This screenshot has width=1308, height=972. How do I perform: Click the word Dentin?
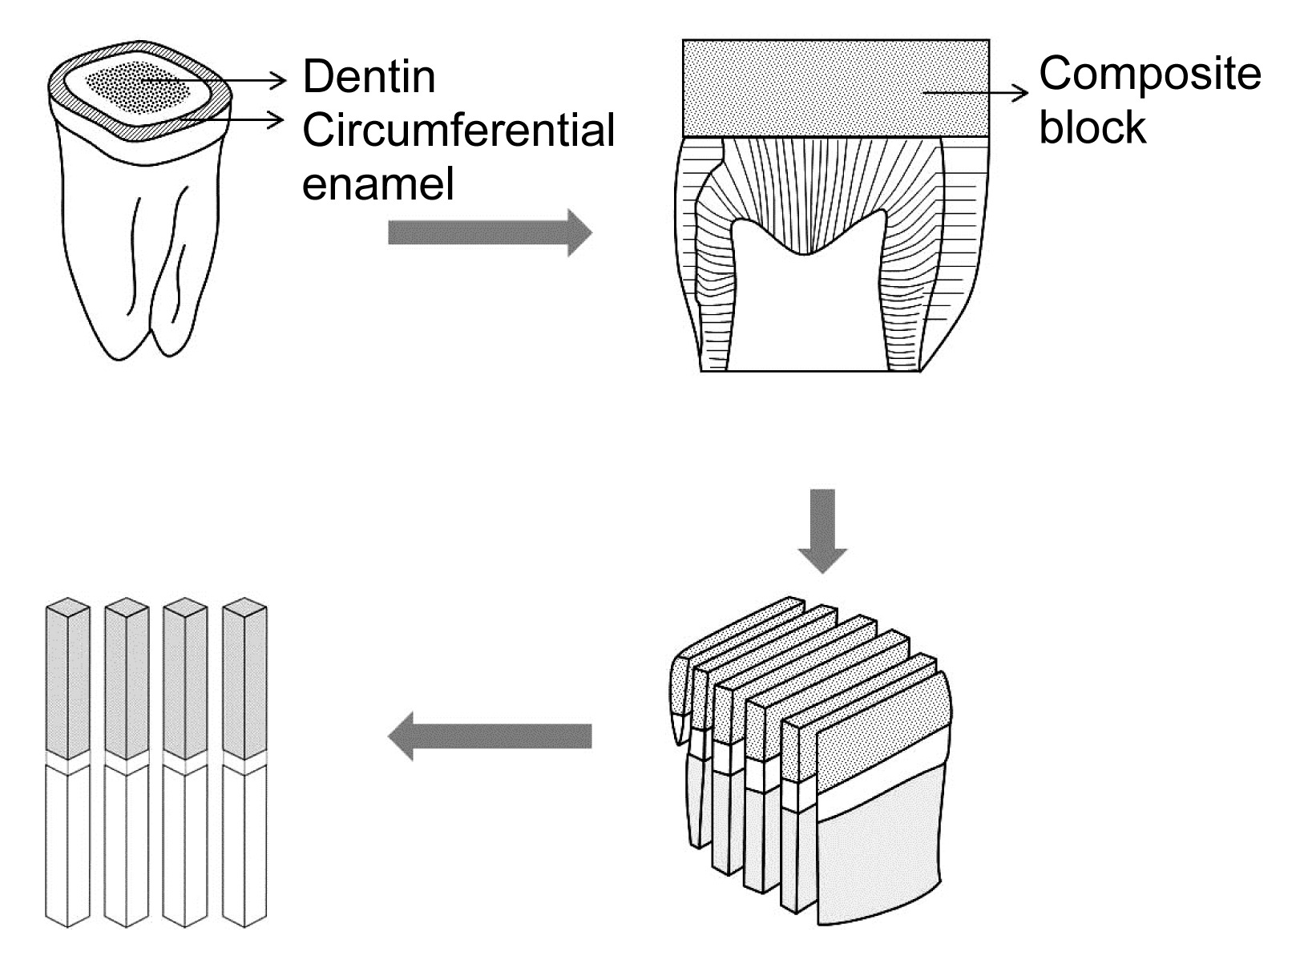(369, 77)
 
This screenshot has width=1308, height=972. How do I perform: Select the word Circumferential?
(458, 130)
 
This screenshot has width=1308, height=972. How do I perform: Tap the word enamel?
(378, 184)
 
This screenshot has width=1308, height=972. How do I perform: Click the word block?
(1092, 127)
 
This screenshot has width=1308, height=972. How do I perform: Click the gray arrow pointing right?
(490, 232)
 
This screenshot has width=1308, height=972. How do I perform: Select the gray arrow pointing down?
(822, 530)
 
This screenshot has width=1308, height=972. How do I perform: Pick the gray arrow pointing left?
(490, 736)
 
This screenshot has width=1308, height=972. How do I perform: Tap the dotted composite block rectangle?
(836, 88)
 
